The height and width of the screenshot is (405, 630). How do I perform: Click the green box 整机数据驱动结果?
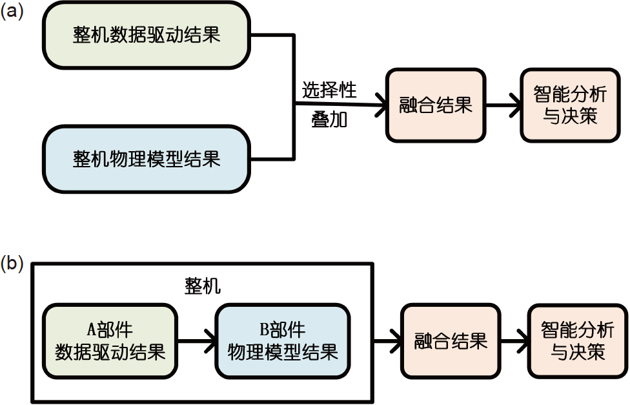point(147,34)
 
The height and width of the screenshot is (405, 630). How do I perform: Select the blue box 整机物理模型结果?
point(147,159)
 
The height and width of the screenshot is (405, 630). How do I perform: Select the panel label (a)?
point(12,12)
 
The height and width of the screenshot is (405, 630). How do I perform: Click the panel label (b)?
point(12,263)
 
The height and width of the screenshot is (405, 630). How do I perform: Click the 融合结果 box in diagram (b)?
point(451,341)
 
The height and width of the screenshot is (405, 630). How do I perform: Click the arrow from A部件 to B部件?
point(196,341)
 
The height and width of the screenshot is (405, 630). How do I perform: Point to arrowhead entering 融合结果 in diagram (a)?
point(379,105)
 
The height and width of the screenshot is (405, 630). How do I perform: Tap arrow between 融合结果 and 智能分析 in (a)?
point(503,105)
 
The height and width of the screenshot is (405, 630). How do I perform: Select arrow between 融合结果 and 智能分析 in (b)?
point(514,341)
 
